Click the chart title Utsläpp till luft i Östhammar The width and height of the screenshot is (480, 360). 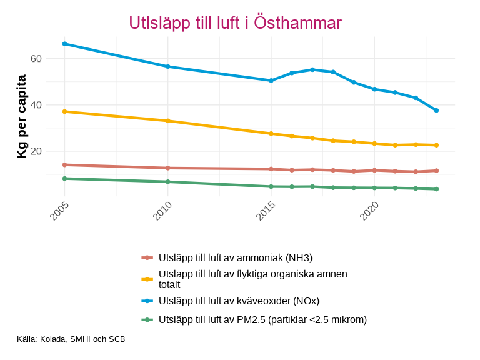point(235,23)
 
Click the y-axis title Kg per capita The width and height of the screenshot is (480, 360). point(21,116)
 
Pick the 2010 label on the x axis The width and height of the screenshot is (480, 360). point(162,212)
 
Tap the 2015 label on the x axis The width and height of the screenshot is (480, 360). point(266,212)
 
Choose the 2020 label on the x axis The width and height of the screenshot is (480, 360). point(369,212)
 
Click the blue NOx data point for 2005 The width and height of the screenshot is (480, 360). point(64,44)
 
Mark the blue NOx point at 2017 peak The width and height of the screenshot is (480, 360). point(312,69)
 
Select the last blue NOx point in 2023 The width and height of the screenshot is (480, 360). point(436,110)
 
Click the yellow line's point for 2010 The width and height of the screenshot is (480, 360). point(167,121)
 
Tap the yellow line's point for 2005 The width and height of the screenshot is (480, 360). point(64,111)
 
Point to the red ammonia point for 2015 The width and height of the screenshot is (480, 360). point(271,169)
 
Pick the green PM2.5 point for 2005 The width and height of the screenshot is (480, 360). point(64,179)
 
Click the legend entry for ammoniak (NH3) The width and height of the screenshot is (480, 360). point(236,257)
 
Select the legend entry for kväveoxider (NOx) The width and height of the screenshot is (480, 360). point(239,301)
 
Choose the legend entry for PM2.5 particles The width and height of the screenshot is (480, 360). point(262,319)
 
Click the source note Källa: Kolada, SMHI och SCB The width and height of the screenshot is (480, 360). point(71,339)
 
